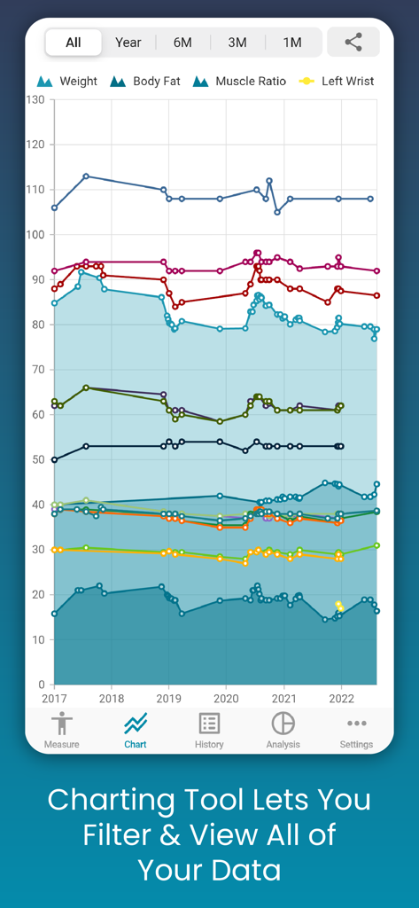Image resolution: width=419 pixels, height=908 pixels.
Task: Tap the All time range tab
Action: click(x=74, y=43)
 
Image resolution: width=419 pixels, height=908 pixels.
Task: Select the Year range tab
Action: click(x=128, y=43)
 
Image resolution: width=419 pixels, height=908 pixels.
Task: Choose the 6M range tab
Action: click(x=182, y=43)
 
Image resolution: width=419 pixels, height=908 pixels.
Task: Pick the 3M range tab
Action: click(x=237, y=43)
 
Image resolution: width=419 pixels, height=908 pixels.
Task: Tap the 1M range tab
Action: click(x=292, y=43)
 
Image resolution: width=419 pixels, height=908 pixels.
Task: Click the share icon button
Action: click(x=353, y=42)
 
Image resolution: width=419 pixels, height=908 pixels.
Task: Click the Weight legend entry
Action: click(x=67, y=82)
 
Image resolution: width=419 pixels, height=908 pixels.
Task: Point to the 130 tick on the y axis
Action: click(x=35, y=99)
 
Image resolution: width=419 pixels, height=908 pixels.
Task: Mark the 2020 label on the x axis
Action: click(x=226, y=699)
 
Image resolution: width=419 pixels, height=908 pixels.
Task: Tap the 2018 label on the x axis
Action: click(x=111, y=699)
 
